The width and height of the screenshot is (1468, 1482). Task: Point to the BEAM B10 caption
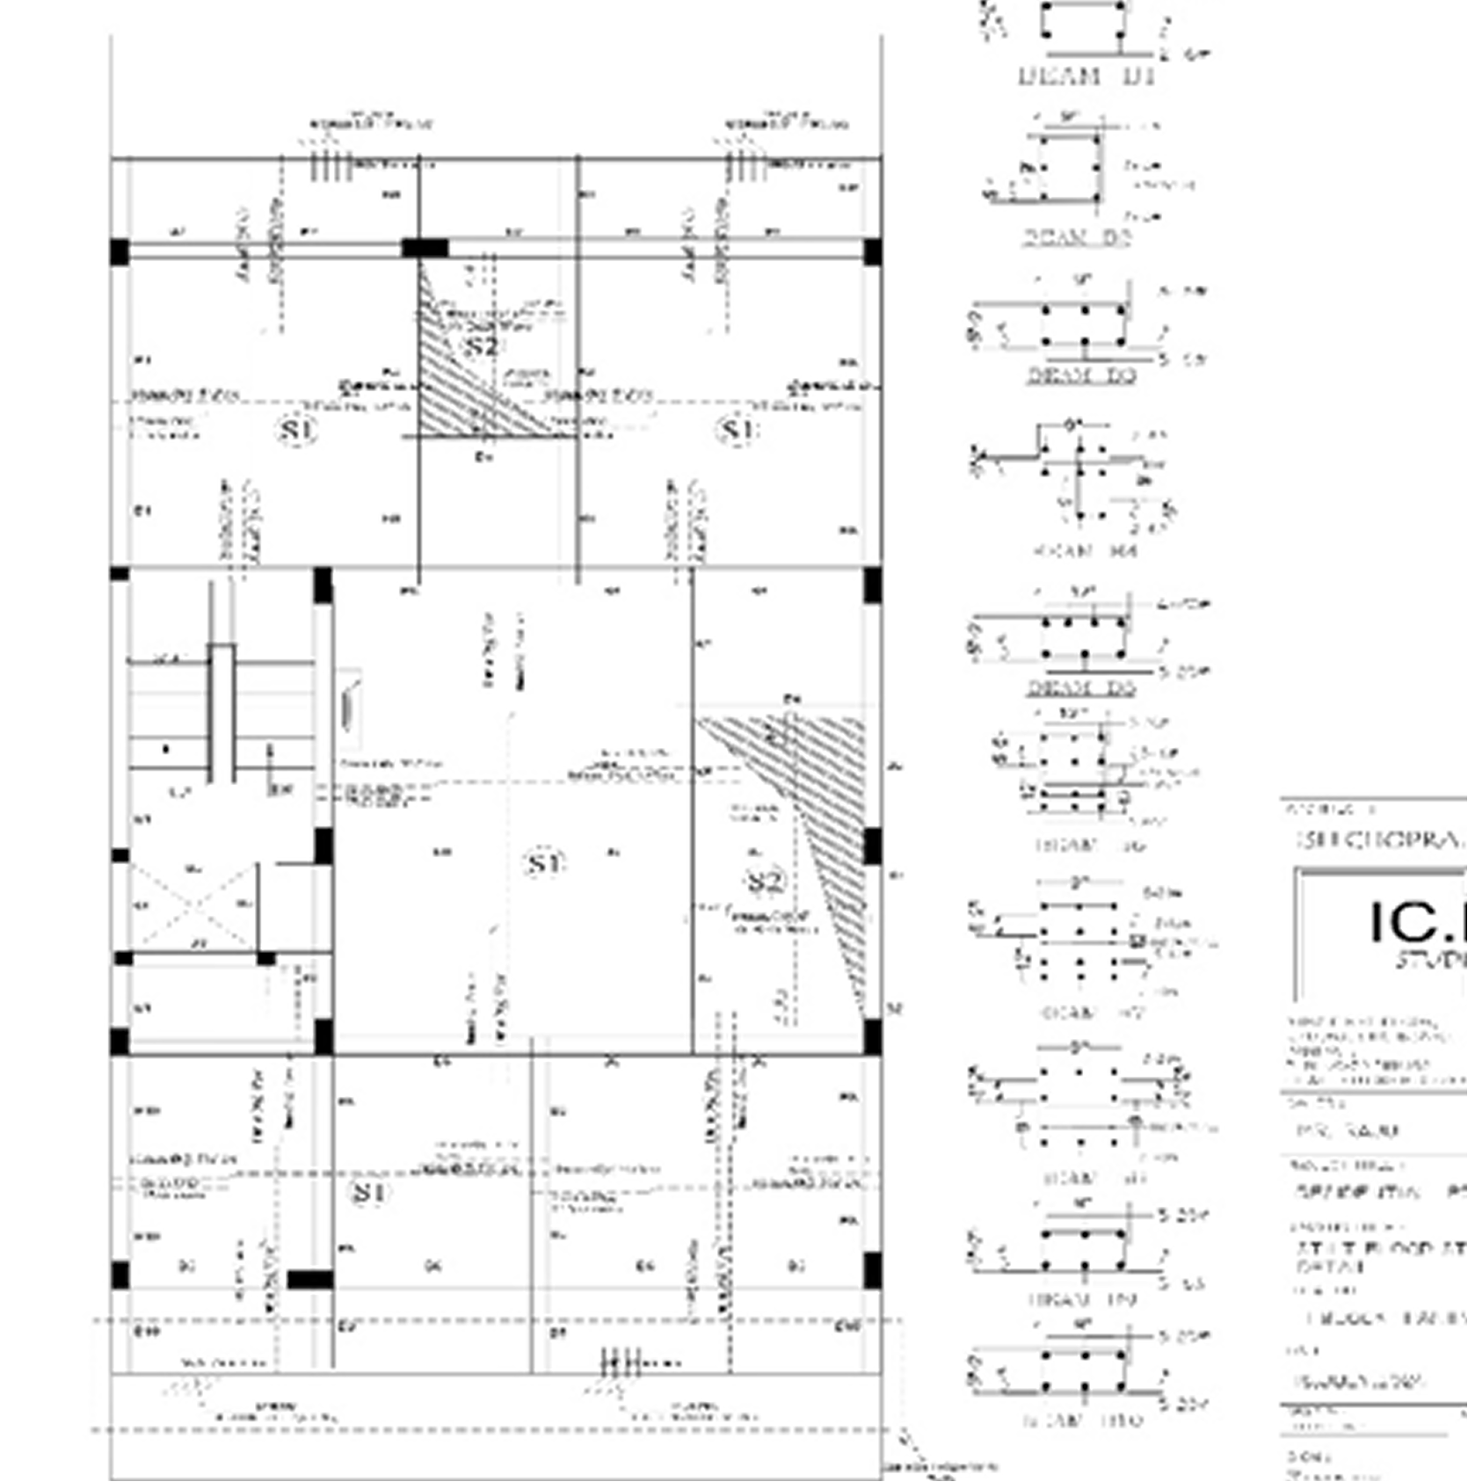tap(1083, 1420)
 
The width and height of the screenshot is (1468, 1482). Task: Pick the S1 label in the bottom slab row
tap(368, 1193)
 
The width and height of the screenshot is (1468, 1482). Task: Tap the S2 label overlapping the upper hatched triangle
tap(480, 345)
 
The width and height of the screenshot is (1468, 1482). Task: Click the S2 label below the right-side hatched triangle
tap(764, 881)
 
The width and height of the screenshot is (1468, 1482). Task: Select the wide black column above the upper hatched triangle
tap(425, 248)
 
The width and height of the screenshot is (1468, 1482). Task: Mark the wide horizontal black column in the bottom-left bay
tap(309, 1279)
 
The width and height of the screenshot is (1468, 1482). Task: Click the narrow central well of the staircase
tap(222, 712)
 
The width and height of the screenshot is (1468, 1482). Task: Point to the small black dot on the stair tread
tap(166, 750)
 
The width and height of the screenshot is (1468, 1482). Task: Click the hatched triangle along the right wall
tap(822, 809)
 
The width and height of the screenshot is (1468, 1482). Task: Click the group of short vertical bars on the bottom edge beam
tap(619, 1363)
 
